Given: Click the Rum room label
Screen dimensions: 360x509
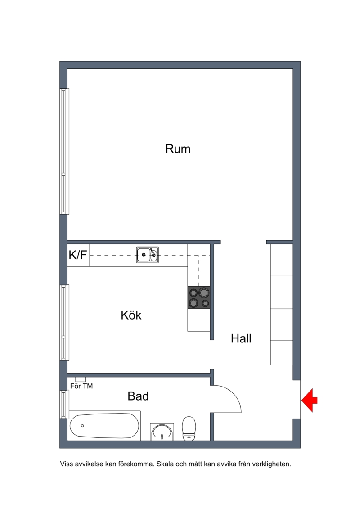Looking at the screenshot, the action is (x=178, y=149).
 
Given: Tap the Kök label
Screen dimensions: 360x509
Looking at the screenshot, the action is (x=131, y=315).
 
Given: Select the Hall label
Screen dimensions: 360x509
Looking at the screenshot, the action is (x=241, y=338).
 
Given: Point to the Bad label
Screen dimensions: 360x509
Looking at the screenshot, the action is (x=138, y=396).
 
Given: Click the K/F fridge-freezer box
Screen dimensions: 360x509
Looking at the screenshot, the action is (x=78, y=255).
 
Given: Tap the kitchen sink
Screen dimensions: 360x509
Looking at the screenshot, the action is (x=148, y=255).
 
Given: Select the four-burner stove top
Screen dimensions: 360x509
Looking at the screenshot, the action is (x=198, y=297).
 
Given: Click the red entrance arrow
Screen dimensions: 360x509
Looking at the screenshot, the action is (x=309, y=400).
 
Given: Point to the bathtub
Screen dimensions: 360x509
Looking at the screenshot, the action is (x=104, y=426).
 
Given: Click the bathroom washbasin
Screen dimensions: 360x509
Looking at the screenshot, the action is (x=162, y=432).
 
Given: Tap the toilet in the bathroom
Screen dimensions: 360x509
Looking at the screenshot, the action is (x=189, y=428).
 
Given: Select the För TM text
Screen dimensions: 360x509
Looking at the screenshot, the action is (x=81, y=386).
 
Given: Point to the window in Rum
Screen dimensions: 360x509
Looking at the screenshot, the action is (x=64, y=151).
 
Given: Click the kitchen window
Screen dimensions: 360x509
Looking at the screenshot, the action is (x=64, y=323).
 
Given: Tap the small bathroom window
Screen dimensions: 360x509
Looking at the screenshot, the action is (x=64, y=404).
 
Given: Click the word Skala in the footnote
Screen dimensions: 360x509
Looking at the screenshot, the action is (x=165, y=464).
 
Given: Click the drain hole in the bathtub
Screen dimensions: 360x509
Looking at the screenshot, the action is (x=82, y=426).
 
